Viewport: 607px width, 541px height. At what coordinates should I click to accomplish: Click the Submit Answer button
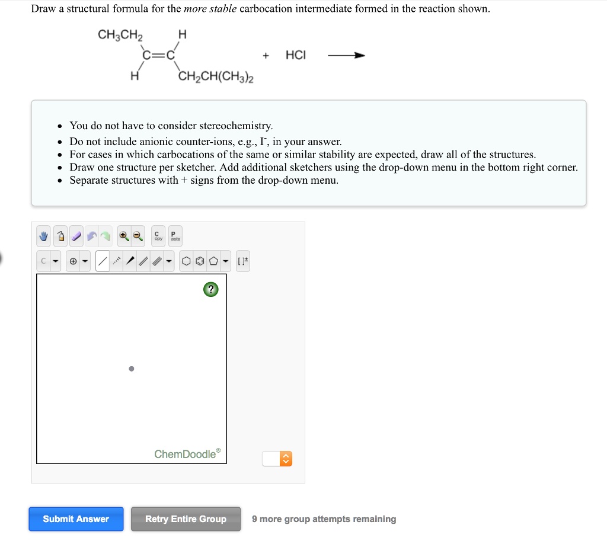(76, 519)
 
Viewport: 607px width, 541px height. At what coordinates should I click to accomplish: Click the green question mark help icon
(210, 290)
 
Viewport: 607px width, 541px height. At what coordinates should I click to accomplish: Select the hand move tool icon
(44, 236)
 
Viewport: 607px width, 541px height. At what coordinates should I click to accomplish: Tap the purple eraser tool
(77, 236)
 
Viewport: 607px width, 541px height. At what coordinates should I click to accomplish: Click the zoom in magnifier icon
(123, 236)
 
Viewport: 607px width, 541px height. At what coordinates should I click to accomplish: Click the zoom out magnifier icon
(138, 236)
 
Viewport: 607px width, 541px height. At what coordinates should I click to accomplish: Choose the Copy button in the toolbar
(158, 236)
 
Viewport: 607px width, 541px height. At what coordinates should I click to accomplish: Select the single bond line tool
(103, 261)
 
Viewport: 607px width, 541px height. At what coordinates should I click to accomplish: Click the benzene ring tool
(200, 261)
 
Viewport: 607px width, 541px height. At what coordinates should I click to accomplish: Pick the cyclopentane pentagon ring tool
(213, 261)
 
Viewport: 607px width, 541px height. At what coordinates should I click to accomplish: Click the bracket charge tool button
(243, 261)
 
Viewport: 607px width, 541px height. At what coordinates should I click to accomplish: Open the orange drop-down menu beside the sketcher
(285, 459)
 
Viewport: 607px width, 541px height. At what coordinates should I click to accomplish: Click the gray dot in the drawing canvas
(131, 369)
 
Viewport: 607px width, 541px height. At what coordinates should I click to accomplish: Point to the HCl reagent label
(296, 55)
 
